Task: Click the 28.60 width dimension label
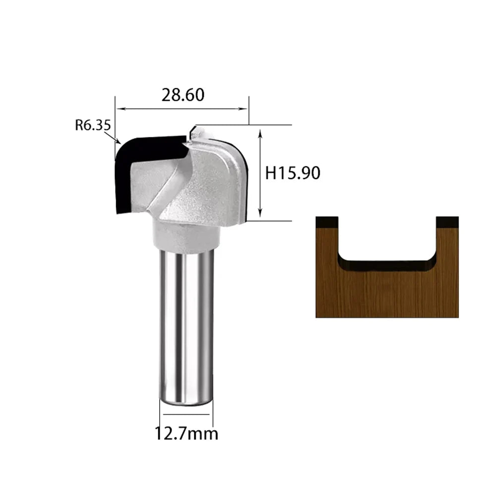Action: click(183, 95)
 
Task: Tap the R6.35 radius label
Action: click(93, 125)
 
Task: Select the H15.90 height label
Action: click(293, 173)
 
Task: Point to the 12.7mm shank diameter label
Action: click(186, 434)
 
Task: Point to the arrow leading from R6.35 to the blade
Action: click(112, 138)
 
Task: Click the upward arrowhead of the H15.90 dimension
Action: click(260, 133)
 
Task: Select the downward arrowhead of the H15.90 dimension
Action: click(260, 213)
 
